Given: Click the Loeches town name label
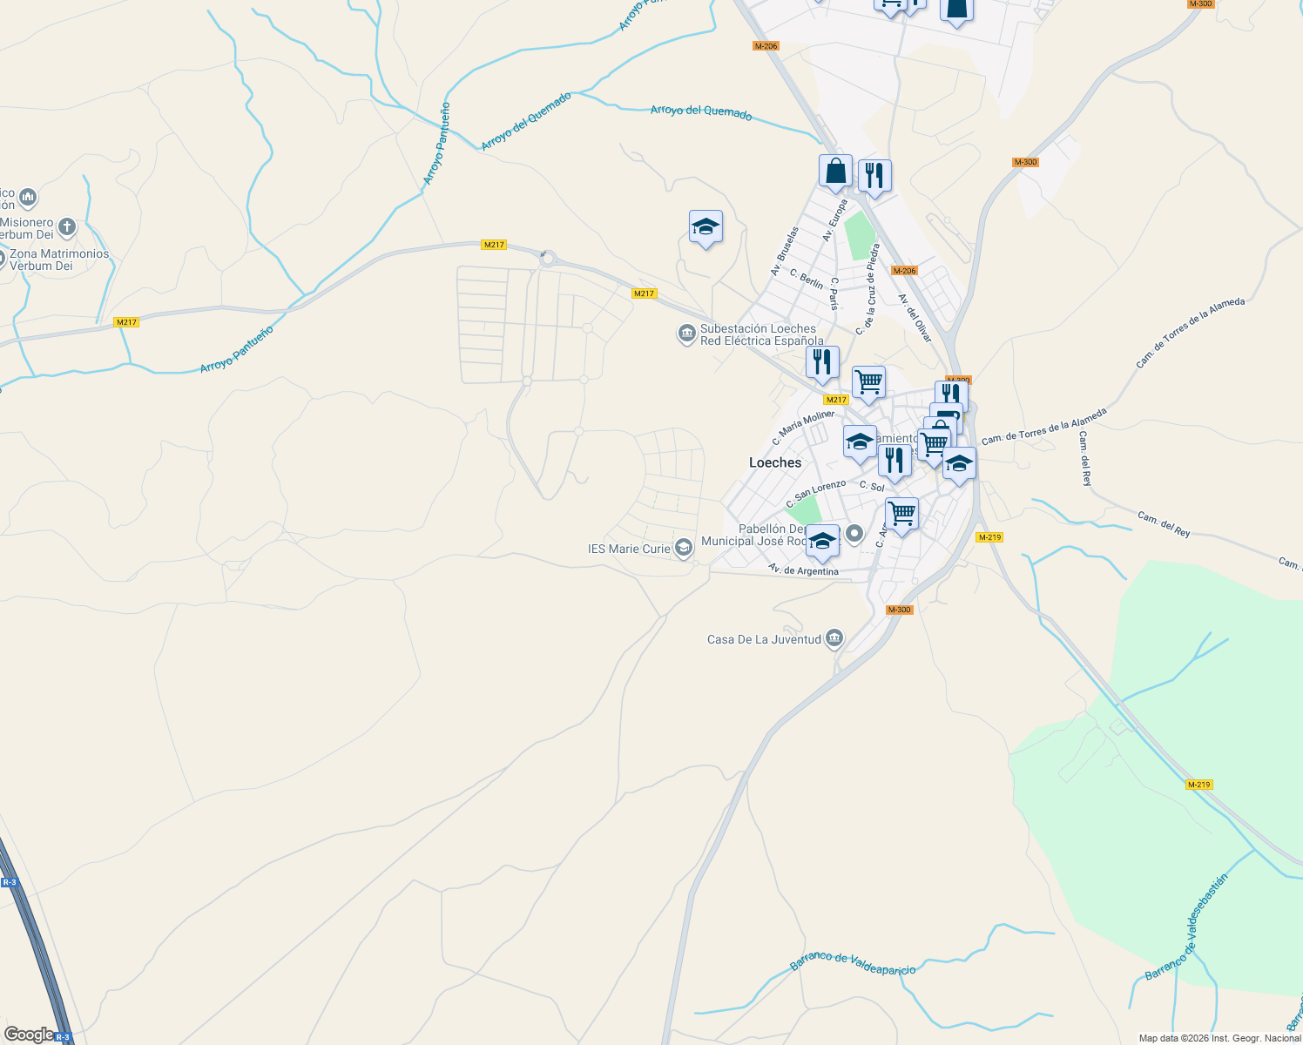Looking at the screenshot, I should [775, 462].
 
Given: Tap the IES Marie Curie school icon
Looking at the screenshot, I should [685, 548].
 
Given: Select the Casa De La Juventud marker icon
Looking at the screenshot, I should [834, 639].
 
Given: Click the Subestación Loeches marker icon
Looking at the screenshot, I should [687, 334].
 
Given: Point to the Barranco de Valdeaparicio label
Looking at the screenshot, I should [853, 963].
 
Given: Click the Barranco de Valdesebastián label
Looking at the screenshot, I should [1185, 927].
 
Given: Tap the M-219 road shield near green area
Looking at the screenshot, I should [1198, 785].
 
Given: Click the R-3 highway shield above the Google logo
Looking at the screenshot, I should [10, 882].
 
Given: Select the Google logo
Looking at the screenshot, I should [29, 1035].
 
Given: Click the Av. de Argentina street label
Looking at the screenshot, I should [803, 570].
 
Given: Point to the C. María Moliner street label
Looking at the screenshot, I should [803, 428].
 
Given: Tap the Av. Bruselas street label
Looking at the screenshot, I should [784, 252].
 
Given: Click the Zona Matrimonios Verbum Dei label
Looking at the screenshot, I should [59, 260].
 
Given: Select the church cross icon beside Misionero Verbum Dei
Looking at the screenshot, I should [67, 228].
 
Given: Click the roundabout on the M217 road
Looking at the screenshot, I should [547, 258].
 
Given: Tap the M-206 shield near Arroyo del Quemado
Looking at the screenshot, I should [766, 46].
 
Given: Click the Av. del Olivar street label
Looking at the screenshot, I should [915, 318].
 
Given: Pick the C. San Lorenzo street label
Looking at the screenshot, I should [815, 494].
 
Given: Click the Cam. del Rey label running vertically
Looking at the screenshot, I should [1084, 458].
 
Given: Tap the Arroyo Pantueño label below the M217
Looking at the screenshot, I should [236, 349].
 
